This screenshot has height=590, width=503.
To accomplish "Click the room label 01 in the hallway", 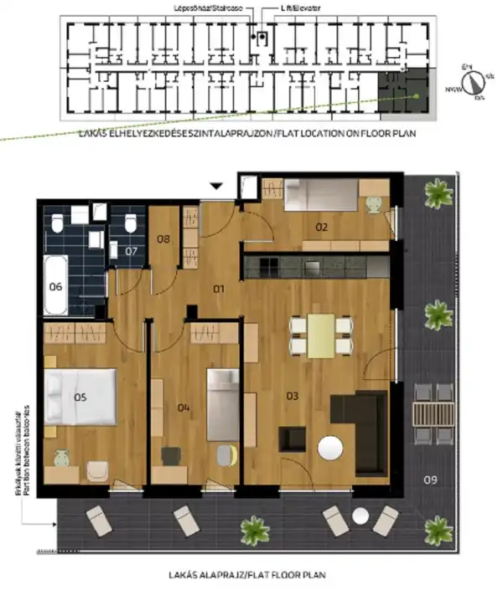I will (220, 290).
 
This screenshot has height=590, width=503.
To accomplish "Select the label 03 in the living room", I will (293, 394).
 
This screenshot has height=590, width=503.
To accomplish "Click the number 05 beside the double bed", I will (80, 397).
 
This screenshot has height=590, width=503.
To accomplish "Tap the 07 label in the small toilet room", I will (131, 250).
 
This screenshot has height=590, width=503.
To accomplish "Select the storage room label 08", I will (163, 239).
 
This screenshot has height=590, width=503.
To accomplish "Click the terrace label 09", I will (431, 480).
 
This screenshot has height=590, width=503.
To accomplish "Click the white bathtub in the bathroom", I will (56, 285).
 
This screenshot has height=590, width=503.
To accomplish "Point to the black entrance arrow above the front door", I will (217, 187).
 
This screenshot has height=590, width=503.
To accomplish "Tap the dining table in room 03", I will (319, 334).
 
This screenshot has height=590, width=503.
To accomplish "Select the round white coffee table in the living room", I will (330, 449).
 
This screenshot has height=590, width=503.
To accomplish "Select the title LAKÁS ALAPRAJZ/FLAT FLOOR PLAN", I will (234, 575).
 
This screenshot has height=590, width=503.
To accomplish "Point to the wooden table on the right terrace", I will (433, 413).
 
